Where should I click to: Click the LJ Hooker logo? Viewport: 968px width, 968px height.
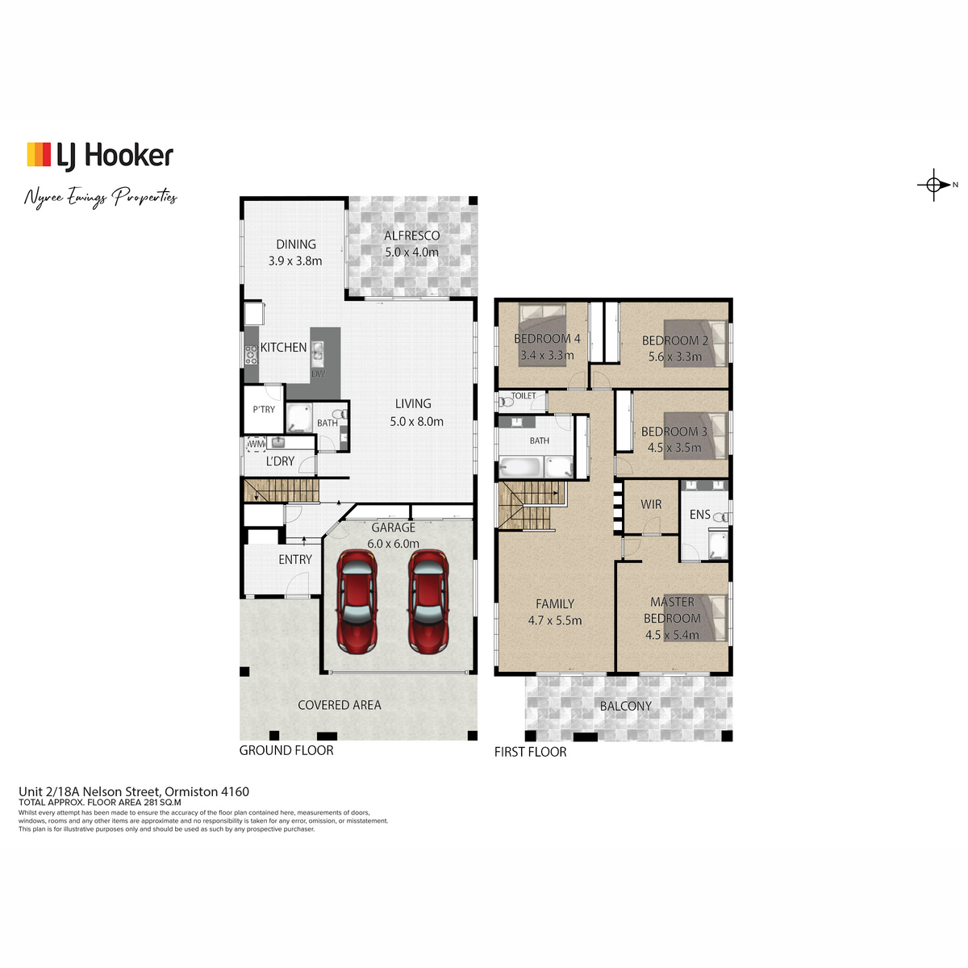(x=100, y=156)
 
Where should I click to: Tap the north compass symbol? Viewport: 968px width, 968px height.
(x=937, y=185)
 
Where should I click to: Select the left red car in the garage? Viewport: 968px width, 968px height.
(x=357, y=602)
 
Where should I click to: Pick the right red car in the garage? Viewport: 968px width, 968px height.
(x=428, y=602)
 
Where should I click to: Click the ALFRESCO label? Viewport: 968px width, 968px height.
(x=412, y=236)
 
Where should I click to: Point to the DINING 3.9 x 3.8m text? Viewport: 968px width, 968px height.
(x=295, y=252)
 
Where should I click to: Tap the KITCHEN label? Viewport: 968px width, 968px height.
(x=283, y=347)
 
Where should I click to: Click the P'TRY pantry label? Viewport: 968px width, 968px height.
(x=264, y=410)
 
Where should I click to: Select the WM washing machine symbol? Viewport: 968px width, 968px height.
(x=257, y=444)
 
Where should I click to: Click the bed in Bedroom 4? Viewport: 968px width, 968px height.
(x=542, y=335)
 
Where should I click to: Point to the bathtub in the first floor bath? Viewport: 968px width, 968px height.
(x=520, y=467)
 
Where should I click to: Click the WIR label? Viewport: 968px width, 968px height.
(x=651, y=504)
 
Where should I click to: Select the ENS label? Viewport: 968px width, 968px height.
(x=699, y=515)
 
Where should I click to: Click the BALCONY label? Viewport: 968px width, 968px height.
(x=625, y=706)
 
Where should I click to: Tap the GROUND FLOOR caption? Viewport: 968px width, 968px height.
(x=286, y=750)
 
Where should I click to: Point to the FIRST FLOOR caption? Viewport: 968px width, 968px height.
(x=531, y=752)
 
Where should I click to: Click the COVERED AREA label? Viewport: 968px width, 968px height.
(x=340, y=705)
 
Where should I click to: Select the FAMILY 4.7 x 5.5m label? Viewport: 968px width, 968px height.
(x=555, y=612)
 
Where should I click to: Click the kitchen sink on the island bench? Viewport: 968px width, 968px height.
(x=318, y=352)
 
